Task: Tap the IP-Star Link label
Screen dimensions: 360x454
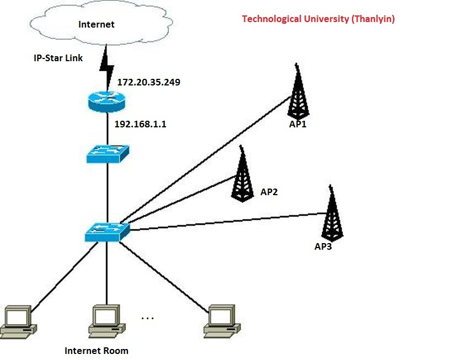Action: (58, 57)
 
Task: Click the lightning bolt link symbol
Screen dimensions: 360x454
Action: (106, 65)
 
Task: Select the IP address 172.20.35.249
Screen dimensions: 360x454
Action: (149, 82)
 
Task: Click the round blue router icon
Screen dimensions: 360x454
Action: (106, 101)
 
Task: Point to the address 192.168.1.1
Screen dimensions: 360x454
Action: (140, 125)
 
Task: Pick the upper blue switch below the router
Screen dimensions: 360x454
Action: (107, 153)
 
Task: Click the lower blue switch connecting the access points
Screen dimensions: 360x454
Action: (107, 232)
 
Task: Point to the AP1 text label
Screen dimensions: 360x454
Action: (297, 125)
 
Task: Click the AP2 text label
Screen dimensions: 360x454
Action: (269, 192)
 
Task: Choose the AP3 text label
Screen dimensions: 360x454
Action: (323, 246)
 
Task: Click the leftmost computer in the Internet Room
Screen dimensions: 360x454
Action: (17, 321)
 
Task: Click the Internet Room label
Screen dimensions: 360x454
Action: (96, 351)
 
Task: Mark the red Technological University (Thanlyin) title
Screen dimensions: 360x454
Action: (318, 19)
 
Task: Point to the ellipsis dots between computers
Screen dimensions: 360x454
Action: (148, 318)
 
